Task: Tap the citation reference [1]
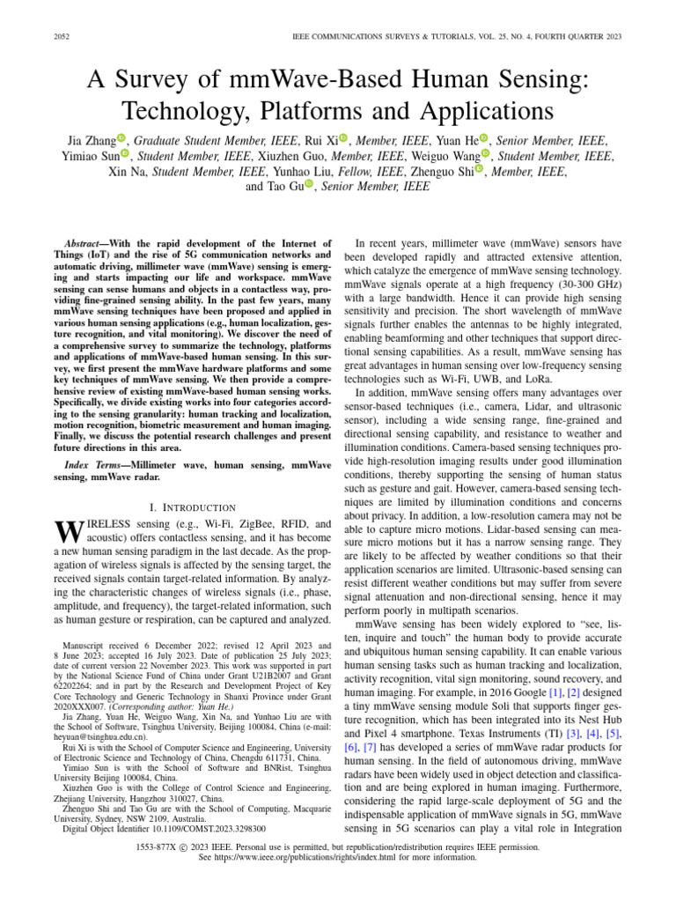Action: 555,691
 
